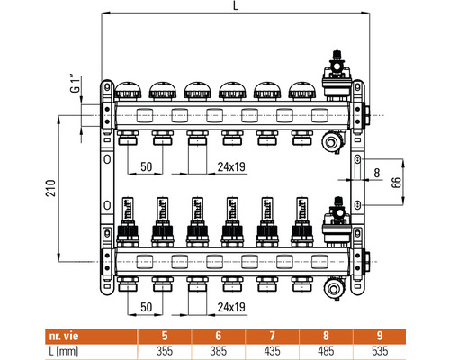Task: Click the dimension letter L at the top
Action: coord(236,5)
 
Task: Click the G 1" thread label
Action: coord(76,83)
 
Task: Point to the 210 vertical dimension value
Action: coord(50,188)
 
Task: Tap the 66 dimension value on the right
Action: coord(396,183)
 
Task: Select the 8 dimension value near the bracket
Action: coord(377,173)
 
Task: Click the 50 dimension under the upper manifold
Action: coord(147,166)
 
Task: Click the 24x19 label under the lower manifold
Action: coord(231,307)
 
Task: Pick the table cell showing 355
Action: coord(165,351)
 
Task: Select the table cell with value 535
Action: coord(380,351)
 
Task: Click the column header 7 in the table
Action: coord(272,336)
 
